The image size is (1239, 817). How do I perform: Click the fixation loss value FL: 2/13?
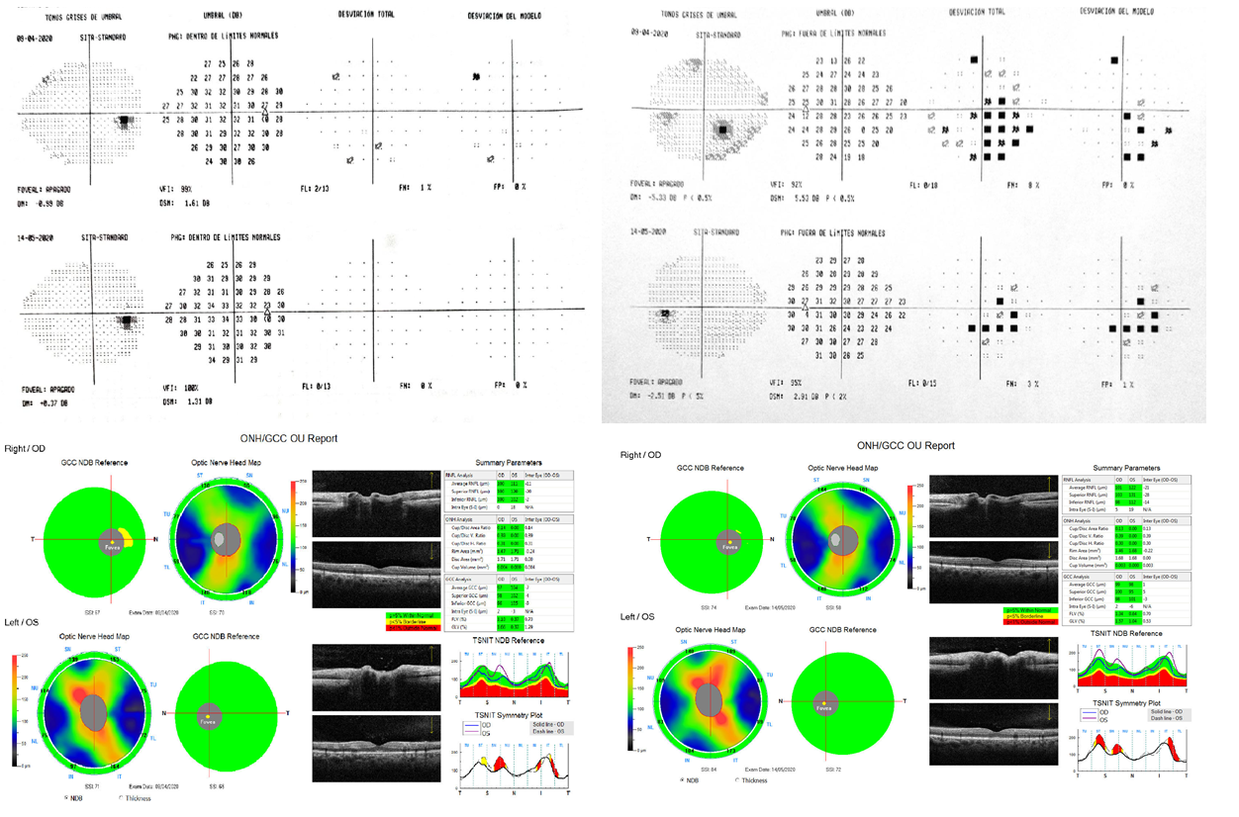click(317, 187)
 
